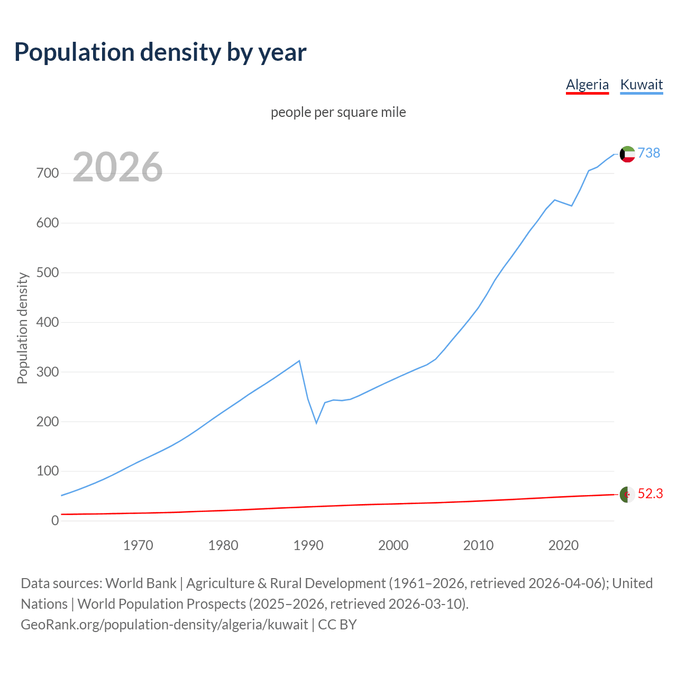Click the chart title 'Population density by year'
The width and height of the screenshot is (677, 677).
pos(160,52)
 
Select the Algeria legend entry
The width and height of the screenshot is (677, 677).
pos(587,85)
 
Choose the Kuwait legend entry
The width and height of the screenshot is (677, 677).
pos(641,85)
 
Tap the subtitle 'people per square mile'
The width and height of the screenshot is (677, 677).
pos(338,112)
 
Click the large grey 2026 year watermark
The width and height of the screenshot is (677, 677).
pos(117,167)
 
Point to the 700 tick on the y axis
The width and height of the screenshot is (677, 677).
pos(48,173)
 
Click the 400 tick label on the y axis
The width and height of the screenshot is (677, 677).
pos(48,322)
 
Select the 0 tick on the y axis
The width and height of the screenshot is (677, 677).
pos(55,520)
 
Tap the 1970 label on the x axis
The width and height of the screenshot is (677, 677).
pos(138,545)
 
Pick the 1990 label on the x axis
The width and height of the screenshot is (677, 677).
pos(308,545)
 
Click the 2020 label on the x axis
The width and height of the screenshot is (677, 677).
pos(563,545)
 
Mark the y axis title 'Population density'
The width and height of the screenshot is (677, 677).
pos(22,328)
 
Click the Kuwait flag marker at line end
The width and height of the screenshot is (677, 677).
pos(627,154)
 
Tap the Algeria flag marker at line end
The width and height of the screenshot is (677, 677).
pos(627,495)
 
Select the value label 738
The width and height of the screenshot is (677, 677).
pos(649,153)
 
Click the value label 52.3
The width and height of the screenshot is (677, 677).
pos(650,493)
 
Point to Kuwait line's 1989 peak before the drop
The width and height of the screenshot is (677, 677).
pos(299,361)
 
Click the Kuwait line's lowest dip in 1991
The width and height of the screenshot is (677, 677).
pos(316,423)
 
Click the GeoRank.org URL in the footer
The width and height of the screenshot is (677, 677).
pos(164,625)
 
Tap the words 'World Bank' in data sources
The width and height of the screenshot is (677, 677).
pos(141,583)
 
